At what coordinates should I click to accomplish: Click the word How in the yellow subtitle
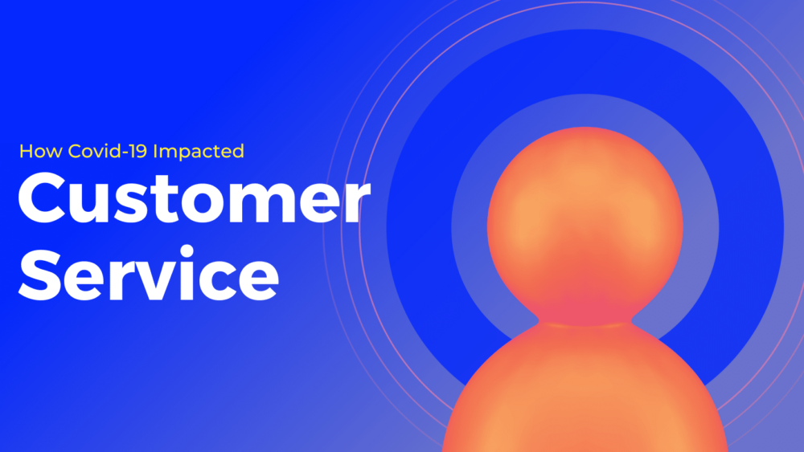pyautogui.click(x=35, y=151)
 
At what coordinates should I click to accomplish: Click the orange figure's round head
pyautogui.click(x=585, y=217)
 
